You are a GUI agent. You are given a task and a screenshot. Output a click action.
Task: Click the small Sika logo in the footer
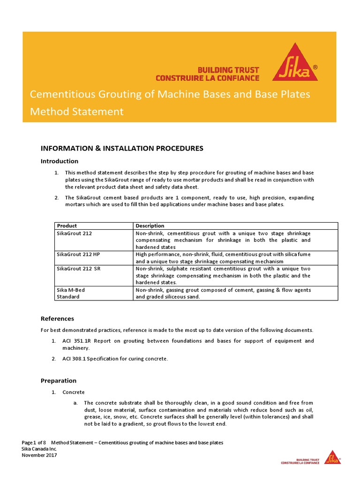[333, 457]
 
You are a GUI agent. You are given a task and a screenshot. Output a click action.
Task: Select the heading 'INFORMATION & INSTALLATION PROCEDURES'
[122, 148]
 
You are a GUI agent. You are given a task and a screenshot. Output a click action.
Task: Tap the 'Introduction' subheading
[60, 161]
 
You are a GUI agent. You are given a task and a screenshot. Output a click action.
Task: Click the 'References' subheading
[57, 318]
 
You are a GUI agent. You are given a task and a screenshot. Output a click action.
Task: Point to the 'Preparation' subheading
[59, 381]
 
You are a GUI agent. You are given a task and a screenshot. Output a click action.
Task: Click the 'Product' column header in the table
[67, 225]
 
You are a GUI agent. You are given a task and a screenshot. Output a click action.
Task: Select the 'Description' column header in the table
[150, 225]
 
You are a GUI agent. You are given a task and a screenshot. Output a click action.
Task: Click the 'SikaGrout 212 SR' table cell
[78, 268]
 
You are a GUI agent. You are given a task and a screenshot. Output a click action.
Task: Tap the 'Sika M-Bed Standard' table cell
[71, 293]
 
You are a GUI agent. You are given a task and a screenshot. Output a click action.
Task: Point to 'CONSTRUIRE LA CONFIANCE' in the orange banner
[207, 77]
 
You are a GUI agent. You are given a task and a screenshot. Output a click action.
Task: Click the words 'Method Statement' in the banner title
[77, 112]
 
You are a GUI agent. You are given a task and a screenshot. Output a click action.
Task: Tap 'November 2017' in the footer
[39, 455]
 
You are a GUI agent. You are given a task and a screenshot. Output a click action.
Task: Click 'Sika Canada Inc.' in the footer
[39, 449]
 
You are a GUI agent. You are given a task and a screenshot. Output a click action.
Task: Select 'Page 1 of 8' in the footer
[34, 442]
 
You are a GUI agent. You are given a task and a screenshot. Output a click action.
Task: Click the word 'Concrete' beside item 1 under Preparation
[74, 392]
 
